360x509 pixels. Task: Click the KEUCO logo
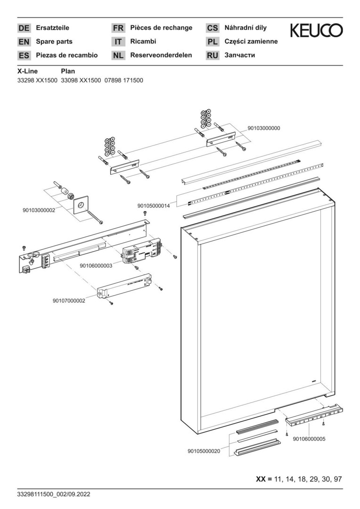click(316, 31)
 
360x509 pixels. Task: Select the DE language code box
click(24, 28)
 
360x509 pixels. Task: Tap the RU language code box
click(213, 56)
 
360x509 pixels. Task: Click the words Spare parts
click(54, 41)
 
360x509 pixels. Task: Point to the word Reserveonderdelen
click(161, 55)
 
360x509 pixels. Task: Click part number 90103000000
click(263, 128)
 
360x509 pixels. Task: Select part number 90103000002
click(39, 210)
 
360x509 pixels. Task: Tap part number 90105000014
click(154, 206)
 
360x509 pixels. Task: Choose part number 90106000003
click(96, 265)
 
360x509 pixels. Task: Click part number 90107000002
click(69, 301)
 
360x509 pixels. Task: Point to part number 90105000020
click(204, 451)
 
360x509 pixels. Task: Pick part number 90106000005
click(309, 439)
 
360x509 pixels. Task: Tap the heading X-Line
click(27, 71)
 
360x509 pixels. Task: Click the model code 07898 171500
click(123, 81)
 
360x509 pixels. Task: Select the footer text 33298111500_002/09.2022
click(53, 494)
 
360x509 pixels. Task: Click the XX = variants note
click(298, 479)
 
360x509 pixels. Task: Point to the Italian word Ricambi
click(143, 41)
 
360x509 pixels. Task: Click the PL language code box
click(213, 42)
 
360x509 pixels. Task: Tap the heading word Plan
click(68, 71)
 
